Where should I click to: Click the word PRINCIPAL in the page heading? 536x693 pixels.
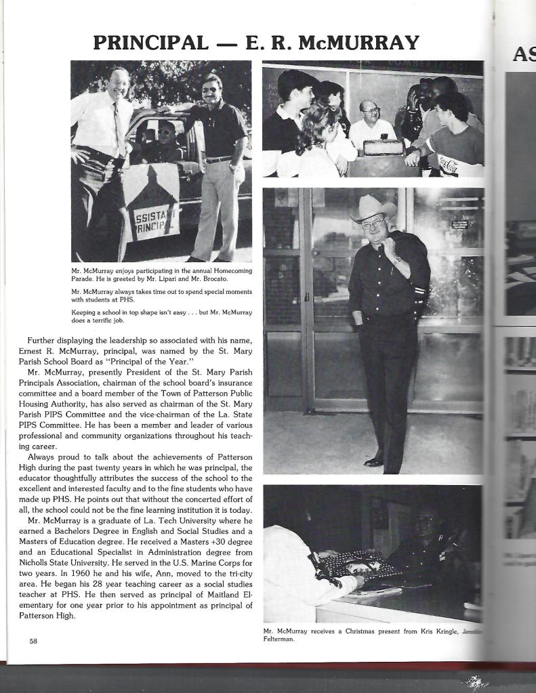[150, 43]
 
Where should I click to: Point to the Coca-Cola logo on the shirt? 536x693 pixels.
[449, 163]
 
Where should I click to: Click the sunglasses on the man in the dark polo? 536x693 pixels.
[209, 89]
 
